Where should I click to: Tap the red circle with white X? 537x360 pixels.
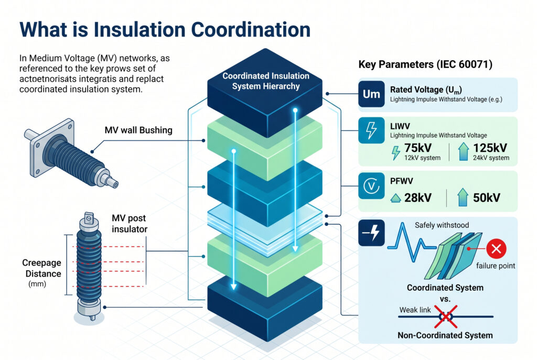(495, 249)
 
